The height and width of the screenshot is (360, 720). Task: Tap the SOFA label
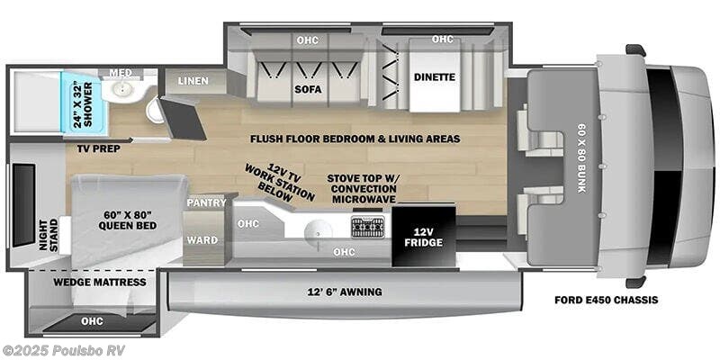click(x=307, y=89)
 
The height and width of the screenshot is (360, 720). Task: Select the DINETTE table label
click(x=435, y=77)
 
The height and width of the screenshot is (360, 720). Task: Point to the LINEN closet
click(x=193, y=81)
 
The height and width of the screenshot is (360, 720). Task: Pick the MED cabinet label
click(x=121, y=73)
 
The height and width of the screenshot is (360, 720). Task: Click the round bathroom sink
click(x=119, y=91)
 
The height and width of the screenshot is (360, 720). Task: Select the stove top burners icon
click(x=367, y=225)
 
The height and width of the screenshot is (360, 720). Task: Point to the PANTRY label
click(x=206, y=203)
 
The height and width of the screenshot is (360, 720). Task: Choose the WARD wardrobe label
click(x=202, y=239)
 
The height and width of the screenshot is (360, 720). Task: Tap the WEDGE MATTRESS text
click(x=87, y=283)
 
